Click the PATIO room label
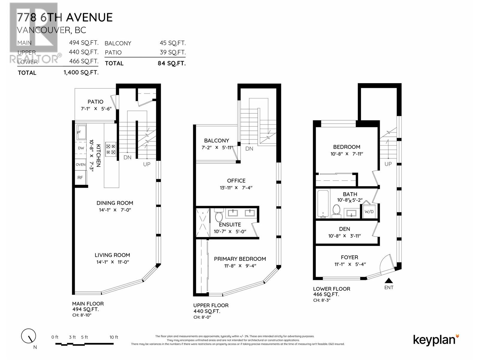[x=95, y=102]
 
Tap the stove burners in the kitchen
[x=111, y=149]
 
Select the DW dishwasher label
[x=81, y=148]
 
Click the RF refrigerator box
[x=80, y=178]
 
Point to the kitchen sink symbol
[x=81, y=132]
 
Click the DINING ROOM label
[x=115, y=203]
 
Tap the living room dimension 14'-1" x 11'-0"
[x=112, y=262]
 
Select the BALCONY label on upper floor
[x=216, y=140]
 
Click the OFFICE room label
[x=236, y=181]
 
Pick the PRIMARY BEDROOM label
[x=240, y=259]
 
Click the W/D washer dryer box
[x=369, y=211]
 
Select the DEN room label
[x=344, y=229]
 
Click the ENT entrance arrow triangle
[x=389, y=281]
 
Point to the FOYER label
[x=349, y=257]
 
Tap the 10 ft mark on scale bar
[x=114, y=337]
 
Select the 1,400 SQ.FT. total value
[x=81, y=73]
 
